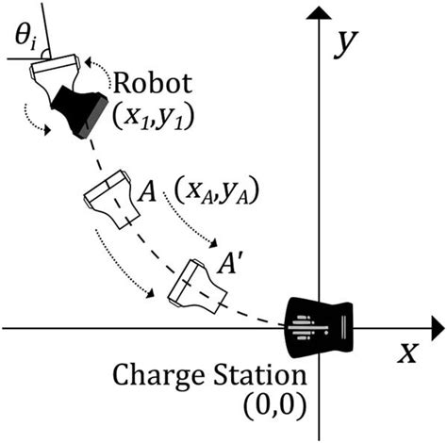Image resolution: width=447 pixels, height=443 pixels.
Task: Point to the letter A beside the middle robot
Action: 146,192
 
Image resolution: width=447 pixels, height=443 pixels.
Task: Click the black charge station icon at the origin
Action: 321,327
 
